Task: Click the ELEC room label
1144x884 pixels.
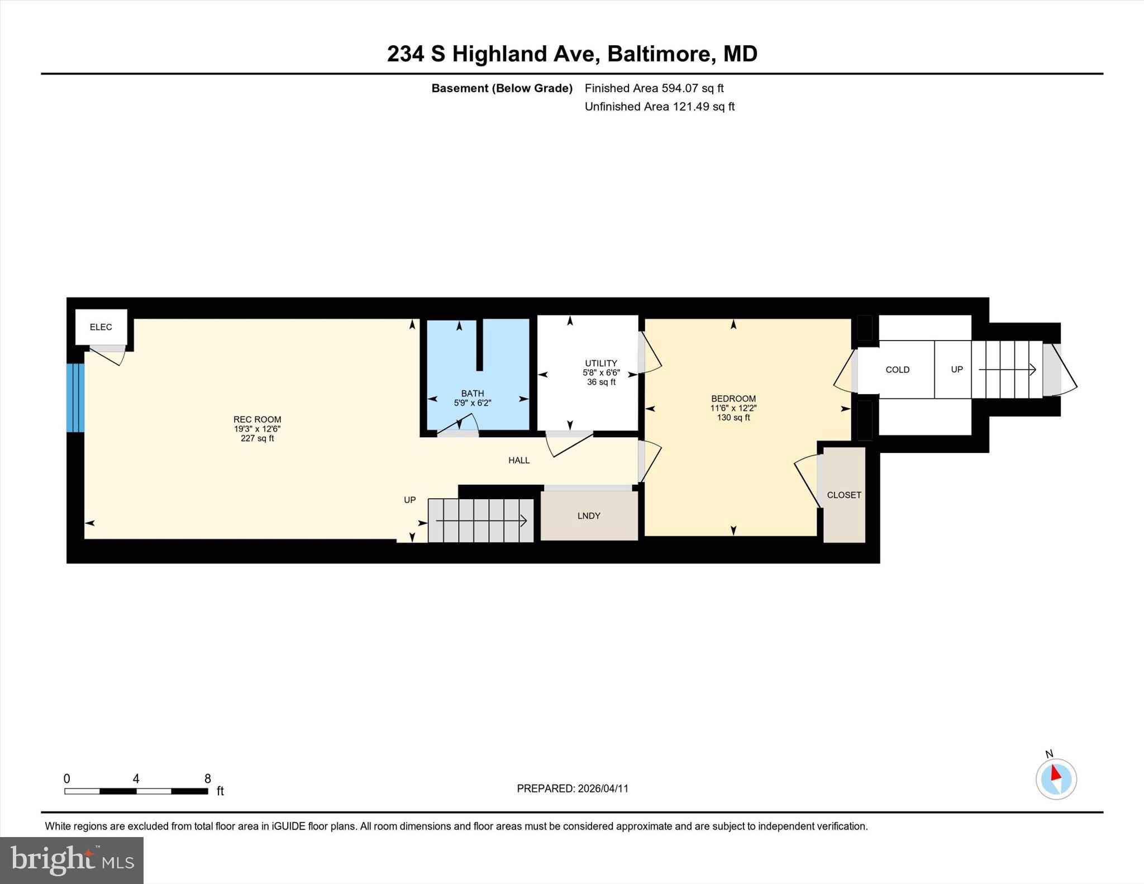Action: [x=101, y=327]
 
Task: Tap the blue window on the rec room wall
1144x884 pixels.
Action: [x=75, y=398]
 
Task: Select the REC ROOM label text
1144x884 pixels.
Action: [x=257, y=419]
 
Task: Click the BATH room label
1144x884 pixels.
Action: [x=472, y=393]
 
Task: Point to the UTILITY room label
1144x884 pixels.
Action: [x=600, y=363]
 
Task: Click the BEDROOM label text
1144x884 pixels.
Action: [x=733, y=399]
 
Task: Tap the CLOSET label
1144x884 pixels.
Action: [x=843, y=495]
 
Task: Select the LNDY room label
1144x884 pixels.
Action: [x=589, y=515]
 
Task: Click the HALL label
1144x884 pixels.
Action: [x=518, y=460]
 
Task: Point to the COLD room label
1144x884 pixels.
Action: [x=897, y=370]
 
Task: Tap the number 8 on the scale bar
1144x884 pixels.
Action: [x=207, y=778]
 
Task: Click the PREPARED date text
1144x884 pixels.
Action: [x=572, y=789]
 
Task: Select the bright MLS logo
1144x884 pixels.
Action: [x=71, y=860]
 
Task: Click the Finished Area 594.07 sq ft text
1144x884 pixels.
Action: [x=654, y=88]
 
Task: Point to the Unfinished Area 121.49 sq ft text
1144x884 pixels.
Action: [x=659, y=107]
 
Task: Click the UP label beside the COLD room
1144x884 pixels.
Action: [x=956, y=370]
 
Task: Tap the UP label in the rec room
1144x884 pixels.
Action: [x=409, y=500]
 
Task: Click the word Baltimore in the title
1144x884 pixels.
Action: [x=661, y=54]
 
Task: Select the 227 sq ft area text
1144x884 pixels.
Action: [x=257, y=438]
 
